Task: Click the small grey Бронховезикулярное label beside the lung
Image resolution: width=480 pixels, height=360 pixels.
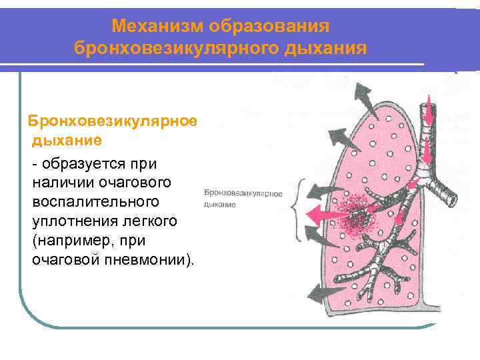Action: (x=244, y=193)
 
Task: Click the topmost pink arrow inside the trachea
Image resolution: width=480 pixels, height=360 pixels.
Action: (x=429, y=107)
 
